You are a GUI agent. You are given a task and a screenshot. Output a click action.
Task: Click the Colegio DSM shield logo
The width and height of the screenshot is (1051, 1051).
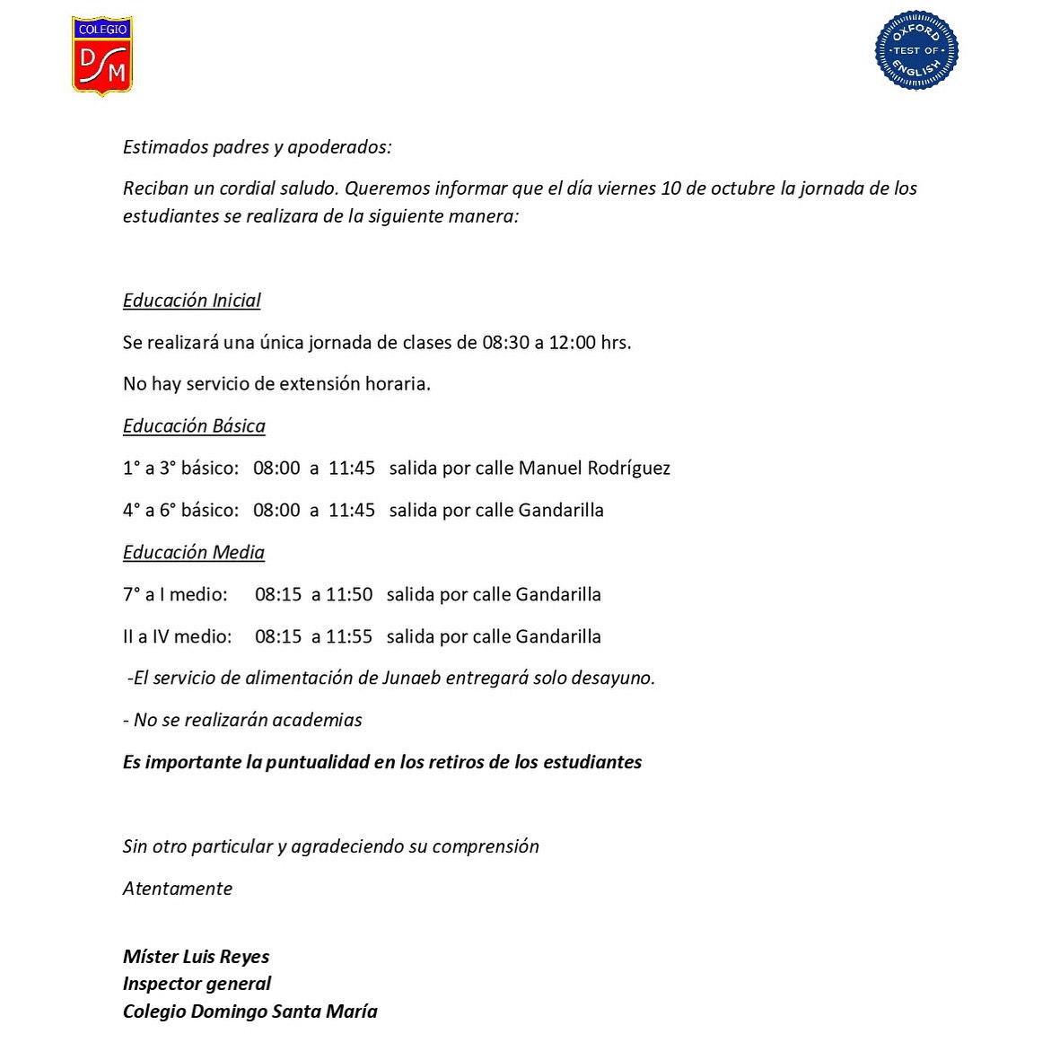[102, 56]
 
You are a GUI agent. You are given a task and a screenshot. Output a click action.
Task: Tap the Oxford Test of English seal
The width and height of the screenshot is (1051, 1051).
[916, 51]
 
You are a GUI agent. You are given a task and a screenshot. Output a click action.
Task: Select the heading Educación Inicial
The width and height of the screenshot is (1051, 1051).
[191, 301]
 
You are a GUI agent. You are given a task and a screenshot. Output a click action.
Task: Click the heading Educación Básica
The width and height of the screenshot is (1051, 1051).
[194, 426]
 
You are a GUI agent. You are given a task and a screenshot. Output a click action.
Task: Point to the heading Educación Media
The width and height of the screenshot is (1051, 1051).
[193, 553]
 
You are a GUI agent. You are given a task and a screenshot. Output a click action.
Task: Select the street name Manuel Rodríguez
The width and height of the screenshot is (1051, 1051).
[594, 469]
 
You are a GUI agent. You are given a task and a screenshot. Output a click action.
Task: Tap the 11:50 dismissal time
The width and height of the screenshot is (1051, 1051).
[349, 595]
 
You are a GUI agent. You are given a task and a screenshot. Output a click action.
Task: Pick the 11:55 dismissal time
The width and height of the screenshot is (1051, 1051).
[349, 637]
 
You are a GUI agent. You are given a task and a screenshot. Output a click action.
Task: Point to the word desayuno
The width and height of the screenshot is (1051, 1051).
[613, 679]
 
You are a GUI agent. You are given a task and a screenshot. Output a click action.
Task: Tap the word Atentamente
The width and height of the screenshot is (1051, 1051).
[178, 889]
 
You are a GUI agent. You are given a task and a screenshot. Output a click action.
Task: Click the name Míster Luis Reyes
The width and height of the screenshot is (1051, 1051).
[196, 958]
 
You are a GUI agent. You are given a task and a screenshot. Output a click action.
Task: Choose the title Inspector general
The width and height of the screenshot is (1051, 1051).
[197, 985]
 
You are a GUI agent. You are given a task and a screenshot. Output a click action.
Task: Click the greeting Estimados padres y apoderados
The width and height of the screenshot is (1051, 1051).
[257, 147]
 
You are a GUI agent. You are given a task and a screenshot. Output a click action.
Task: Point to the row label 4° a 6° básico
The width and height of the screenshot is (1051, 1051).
[180, 511]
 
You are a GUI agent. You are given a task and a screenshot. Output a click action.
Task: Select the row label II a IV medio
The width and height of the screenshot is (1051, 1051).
[177, 637]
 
